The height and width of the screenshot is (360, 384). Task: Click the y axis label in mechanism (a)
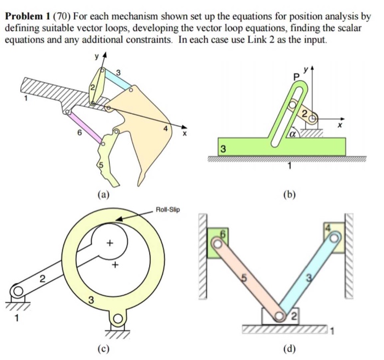coord(97,55)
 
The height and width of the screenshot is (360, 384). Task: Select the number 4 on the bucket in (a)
coord(165,130)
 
